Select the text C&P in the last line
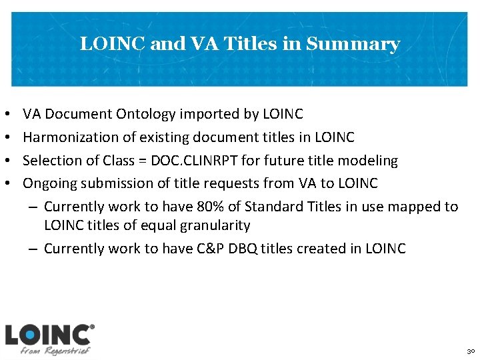[x=212, y=249]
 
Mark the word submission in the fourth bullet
[x=115, y=183]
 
